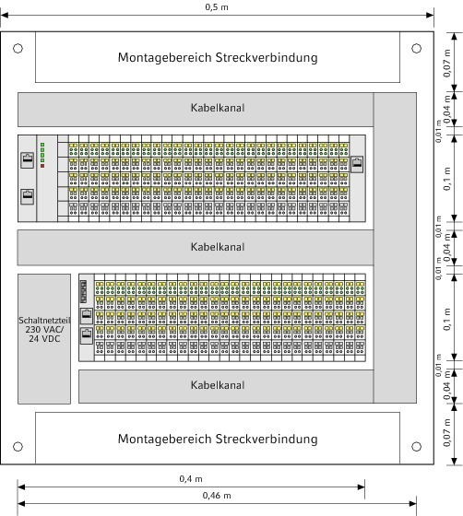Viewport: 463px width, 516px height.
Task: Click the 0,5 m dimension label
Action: coord(217,7)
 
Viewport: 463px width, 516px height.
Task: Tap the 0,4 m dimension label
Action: coord(191,478)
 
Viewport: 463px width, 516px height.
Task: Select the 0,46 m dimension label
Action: coord(217,496)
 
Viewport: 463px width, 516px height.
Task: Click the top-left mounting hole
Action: coord(18,48)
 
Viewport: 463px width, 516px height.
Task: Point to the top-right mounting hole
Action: coord(417,48)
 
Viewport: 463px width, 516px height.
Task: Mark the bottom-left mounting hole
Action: coord(18,447)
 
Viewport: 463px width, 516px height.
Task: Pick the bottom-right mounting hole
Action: coord(417,447)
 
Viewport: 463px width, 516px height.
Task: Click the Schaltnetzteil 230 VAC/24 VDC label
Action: coord(44,330)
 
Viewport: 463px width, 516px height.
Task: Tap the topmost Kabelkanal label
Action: coord(218,108)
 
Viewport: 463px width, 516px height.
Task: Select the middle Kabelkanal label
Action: coord(218,247)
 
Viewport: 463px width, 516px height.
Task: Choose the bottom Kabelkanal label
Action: coord(218,385)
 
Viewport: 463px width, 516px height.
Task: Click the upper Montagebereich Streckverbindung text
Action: coord(218,57)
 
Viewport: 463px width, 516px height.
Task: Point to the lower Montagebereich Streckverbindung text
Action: coord(218,439)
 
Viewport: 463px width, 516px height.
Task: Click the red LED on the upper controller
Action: coord(42,166)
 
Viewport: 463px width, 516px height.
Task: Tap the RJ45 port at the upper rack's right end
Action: coord(357,164)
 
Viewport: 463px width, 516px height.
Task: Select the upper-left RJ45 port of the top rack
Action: coord(28,160)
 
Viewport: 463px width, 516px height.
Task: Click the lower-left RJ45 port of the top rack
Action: coord(28,197)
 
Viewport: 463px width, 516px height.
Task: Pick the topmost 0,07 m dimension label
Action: coord(447,64)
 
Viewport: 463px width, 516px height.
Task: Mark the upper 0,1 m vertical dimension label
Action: coord(447,179)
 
